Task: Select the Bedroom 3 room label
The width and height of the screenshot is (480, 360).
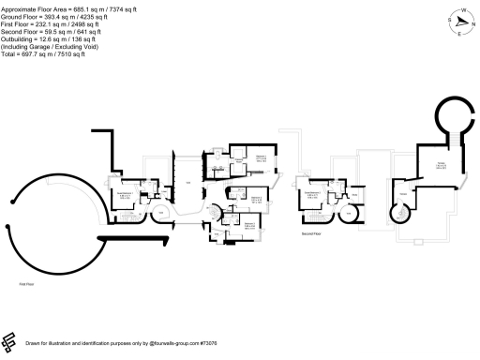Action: [x=249, y=224]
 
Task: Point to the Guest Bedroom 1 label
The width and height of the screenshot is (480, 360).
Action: [x=123, y=196]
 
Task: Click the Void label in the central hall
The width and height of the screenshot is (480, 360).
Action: [x=187, y=181]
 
